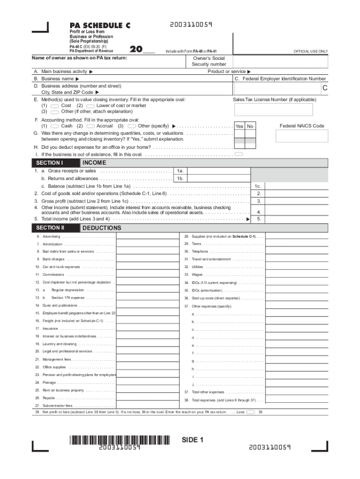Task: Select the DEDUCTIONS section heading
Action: coord(101,228)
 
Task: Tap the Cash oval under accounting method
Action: coord(54,126)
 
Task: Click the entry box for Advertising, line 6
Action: coord(147,237)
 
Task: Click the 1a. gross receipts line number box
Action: coord(180,171)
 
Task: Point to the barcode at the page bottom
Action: coord(120,440)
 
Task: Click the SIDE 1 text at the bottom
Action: coord(193,440)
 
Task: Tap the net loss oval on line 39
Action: coord(250,412)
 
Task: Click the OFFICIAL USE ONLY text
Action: coord(310,51)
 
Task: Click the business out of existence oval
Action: coord(238,154)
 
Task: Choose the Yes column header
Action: coord(239,126)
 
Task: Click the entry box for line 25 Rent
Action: coord(147,390)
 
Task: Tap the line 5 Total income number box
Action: coord(259,218)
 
